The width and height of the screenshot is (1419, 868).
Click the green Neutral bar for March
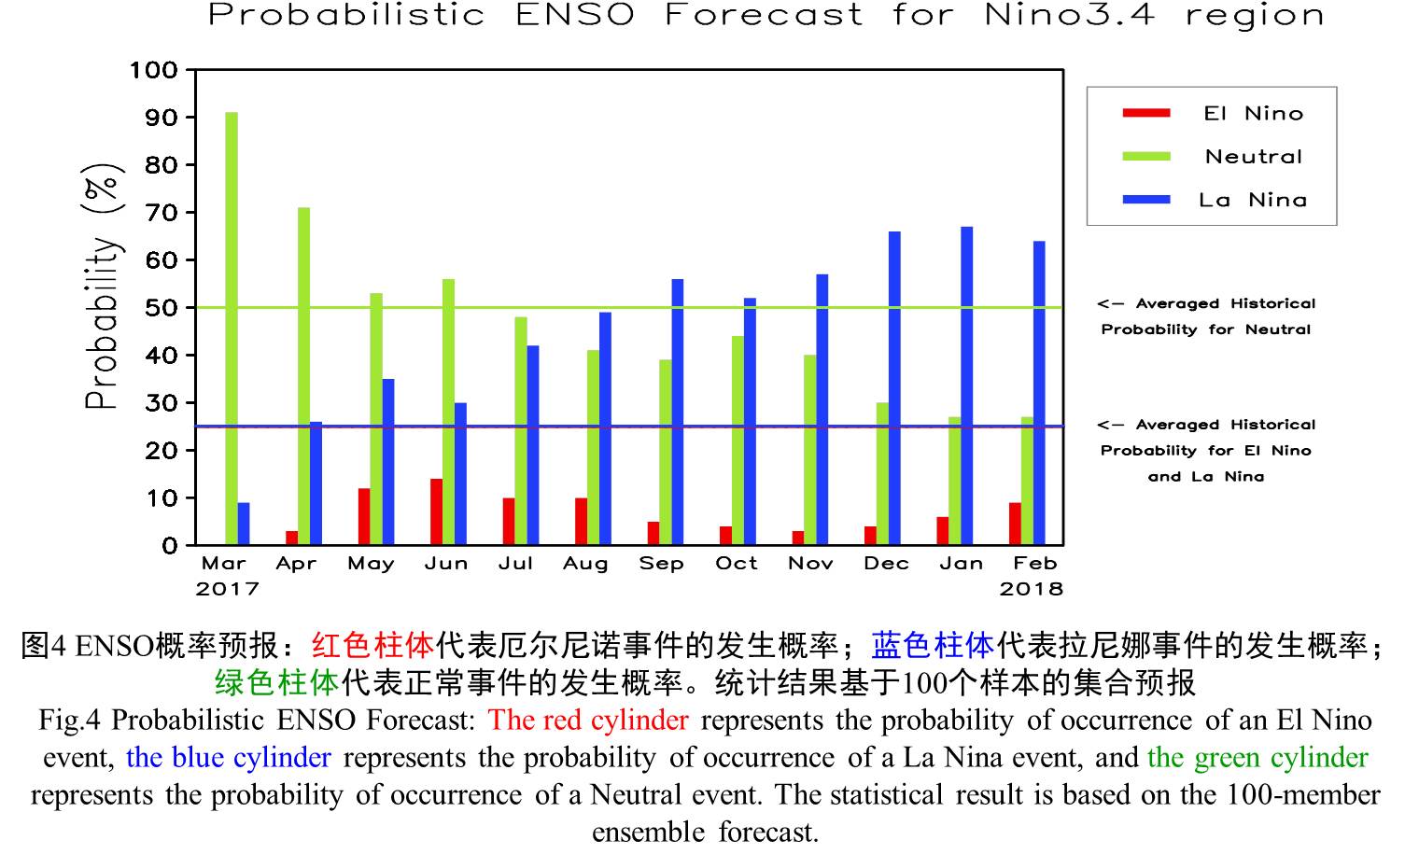point(232,329)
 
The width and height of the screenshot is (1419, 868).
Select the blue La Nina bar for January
point(967,385)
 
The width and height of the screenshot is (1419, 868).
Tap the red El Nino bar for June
point(437,512)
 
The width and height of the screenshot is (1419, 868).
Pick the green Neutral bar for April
point(304,376)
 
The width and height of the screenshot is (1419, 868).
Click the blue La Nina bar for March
point(244,525)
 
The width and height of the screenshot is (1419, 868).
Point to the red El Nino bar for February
point(1015,525)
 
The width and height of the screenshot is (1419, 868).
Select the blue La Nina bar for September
point(678,413)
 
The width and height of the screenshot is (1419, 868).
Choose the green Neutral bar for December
point(882,474)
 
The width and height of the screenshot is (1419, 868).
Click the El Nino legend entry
point(1213,113)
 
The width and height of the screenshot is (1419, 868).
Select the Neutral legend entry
point(1212,157)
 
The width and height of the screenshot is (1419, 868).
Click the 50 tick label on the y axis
point(162,308)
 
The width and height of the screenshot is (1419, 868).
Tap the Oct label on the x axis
point(737,563)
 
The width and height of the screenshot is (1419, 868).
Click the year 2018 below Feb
point(1032,589)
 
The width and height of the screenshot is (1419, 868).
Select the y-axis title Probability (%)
point(103,287)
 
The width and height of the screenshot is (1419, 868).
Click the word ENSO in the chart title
point(575,15)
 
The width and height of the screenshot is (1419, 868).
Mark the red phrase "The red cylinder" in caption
point(588,720)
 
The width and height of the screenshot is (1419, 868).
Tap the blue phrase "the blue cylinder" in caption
point(228,757)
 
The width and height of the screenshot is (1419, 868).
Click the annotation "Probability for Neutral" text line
point(1206,329)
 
